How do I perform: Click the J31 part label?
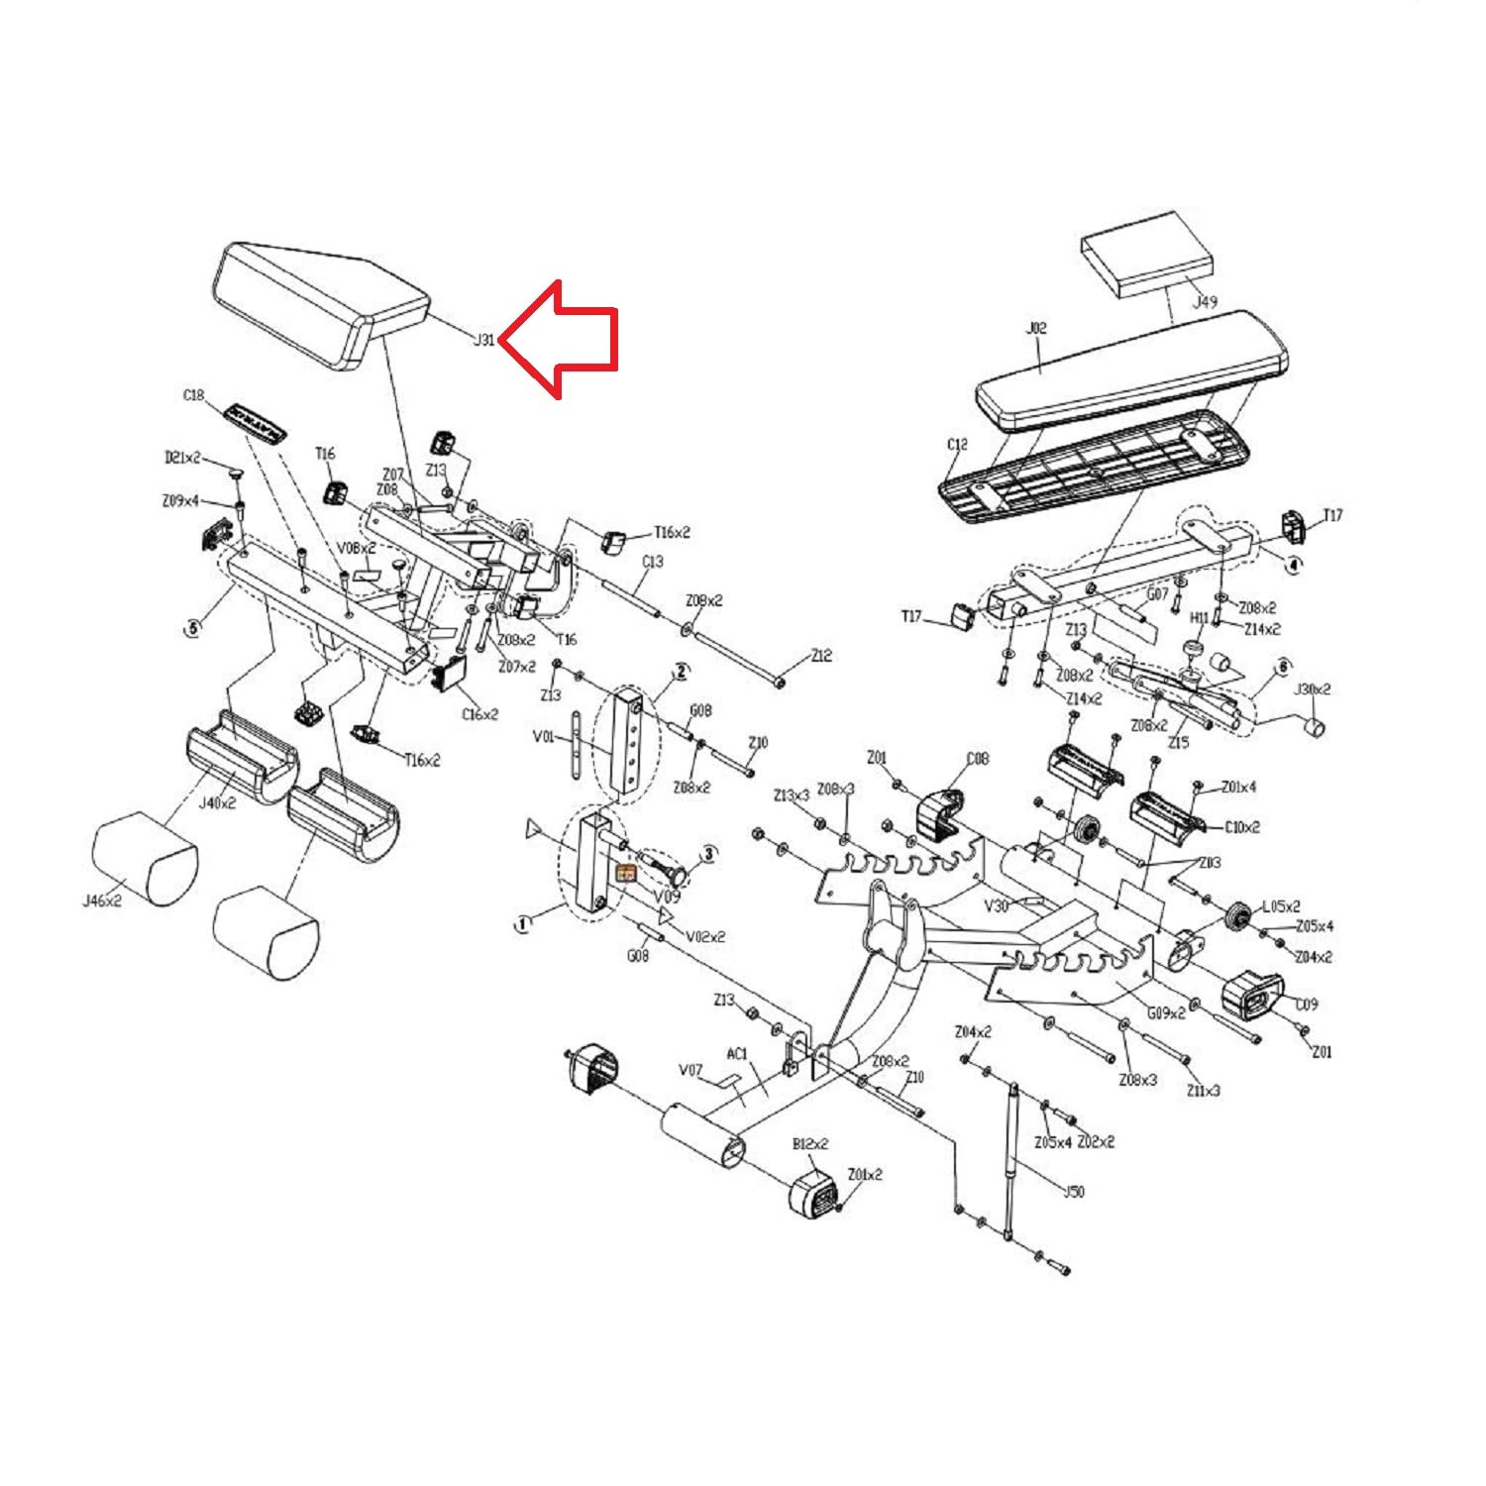[483, 340]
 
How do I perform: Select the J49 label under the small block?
[1204, 301]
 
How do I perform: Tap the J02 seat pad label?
[1036, 328]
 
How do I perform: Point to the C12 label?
[957, 444]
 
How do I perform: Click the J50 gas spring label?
[1073, 1191]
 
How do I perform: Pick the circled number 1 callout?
[522, 923]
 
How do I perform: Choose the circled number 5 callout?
[192, 627]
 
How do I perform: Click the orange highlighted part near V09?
[626, 873]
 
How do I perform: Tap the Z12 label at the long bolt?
[821, 656]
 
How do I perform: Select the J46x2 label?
[102, 902]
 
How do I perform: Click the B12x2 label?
[810, 1144]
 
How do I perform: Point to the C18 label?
[193, 395]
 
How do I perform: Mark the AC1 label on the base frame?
[737, 1054]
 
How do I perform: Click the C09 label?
[1307, 1005]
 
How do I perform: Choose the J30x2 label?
[1313, 689]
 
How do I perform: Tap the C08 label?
[977, 759]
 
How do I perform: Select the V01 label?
[543, 736]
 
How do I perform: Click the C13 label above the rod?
[652, 562]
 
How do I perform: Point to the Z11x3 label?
[1204, 1090]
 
